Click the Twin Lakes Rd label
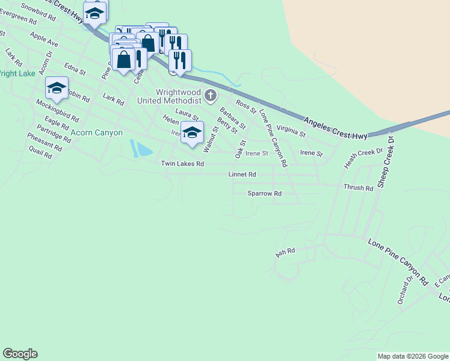tap(182, 164)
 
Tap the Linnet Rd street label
tap(242, 174)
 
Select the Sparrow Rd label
tap(265, 194)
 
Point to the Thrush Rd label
tap(358, 188)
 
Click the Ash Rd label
tap(286, 253)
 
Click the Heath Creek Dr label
tap(363, 158)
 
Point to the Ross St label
tap(246, 108)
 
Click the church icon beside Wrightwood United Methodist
tap(210, 95)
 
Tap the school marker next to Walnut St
tap(192, 133)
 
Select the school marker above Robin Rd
tap(57, 88)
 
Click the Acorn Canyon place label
tap(97, 132)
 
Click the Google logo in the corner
tap(20, 354)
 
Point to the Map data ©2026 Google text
tap(413, 356)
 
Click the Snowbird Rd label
tap(38, 13)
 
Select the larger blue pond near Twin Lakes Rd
tap(144, 149)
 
